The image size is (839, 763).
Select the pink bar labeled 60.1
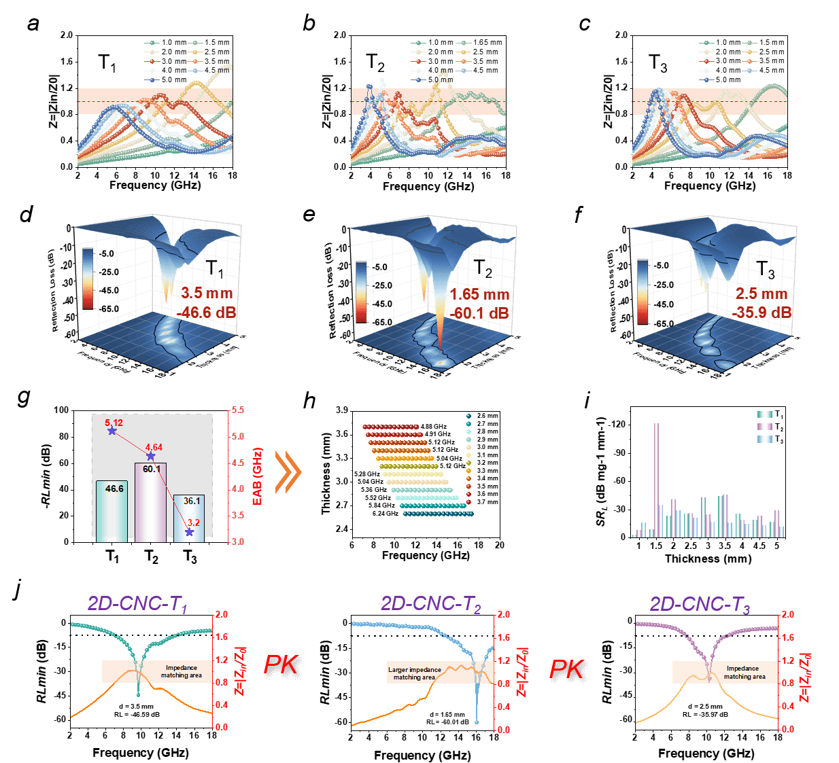151,503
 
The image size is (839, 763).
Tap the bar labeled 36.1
190,518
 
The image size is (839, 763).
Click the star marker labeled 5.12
112,431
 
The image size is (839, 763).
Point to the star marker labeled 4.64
151,456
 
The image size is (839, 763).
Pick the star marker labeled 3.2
190,532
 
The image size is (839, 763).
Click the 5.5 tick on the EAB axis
238,411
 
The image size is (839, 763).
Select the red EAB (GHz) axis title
258,476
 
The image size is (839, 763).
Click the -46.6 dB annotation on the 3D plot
208,313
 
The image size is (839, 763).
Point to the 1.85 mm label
480,295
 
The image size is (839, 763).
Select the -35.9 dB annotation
764,313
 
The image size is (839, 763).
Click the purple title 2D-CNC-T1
137,604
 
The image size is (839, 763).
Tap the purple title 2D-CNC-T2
430,604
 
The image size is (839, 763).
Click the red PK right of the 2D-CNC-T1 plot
281,664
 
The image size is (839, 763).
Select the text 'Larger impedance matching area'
415,673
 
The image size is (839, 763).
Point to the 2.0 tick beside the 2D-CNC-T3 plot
788,614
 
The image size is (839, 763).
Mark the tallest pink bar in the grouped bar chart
657,480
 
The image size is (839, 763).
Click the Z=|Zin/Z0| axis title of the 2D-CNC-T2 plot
522,673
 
